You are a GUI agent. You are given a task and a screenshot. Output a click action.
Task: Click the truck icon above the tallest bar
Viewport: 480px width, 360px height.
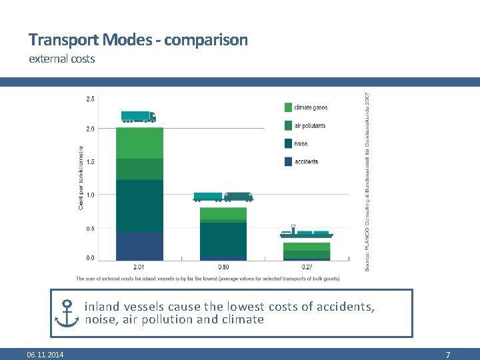(x=138, y=117)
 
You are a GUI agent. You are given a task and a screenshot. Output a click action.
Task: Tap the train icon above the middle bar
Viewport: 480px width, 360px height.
(x=223, y=197)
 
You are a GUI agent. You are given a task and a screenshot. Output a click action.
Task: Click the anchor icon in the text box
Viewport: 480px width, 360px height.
(x=67, y=313)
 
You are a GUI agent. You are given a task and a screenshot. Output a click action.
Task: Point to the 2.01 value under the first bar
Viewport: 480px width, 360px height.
(x=139, y=267)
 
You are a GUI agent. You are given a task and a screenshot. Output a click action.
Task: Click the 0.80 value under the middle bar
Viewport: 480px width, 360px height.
(x=223, y=267)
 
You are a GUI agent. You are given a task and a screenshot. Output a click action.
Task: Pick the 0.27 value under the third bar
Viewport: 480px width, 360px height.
(x=307, y=267)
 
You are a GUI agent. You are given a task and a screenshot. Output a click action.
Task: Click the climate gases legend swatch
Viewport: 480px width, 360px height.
(x=288, y=107)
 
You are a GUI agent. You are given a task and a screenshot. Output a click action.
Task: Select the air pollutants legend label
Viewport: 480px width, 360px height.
(x=310, y=125)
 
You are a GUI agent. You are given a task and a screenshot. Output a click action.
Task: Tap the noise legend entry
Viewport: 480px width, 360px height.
(x=301, y=143)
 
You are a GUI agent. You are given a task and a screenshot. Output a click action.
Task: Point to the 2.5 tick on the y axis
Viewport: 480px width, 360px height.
(x=90, y=99)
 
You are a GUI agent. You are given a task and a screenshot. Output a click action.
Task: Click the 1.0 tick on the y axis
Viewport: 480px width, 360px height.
(x=90, y=195)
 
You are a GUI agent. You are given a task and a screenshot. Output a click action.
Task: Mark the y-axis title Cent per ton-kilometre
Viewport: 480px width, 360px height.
(x=81, y=178)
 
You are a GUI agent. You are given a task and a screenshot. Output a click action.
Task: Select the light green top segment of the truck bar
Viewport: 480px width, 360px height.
(x=139, y=143)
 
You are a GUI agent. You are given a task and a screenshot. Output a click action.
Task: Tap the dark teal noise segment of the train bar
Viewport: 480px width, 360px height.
(x=223, y=239)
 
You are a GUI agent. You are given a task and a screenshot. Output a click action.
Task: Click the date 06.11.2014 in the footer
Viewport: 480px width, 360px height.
(x=45, y=355)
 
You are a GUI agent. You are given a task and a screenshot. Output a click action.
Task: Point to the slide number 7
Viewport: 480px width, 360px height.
(x=448, y=355)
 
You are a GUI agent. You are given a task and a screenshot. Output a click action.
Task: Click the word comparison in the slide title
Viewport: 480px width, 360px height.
(x=206, y=40)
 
